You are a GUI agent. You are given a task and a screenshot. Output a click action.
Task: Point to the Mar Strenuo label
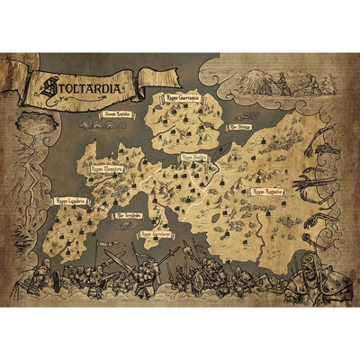pos(239,129)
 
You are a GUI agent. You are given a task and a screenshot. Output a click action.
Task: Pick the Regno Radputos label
pos(267,192)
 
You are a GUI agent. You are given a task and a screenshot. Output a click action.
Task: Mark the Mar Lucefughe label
pos(126,216)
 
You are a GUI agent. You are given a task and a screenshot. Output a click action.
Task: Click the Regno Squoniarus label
pos(157,234)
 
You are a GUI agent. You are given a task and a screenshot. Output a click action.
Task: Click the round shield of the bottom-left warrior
pos(49,279)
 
